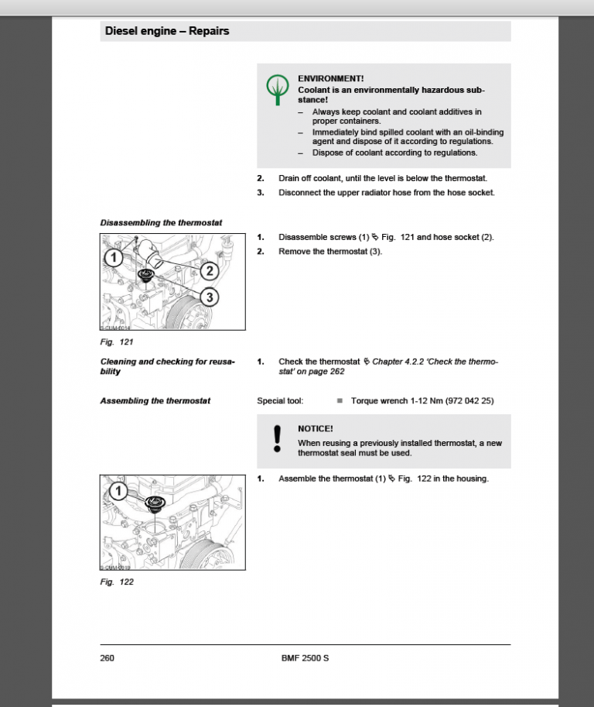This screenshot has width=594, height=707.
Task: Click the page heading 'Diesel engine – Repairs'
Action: [166, 32]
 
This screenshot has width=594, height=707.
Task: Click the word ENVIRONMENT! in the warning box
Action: [331, 79]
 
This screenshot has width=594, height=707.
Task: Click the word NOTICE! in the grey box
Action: [316, 428]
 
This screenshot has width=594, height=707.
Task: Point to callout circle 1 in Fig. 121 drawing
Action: [113, 257]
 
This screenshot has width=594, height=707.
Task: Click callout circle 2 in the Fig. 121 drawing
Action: [210, 271]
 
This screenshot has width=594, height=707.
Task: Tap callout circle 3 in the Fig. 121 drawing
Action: [210, 297]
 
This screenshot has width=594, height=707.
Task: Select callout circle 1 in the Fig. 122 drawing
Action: [118, 491]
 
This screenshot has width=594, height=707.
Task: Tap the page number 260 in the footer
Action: [108, 658]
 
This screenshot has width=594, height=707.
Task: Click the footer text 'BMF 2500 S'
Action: [305, 658]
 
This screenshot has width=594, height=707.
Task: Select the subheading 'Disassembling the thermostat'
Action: [161, 223]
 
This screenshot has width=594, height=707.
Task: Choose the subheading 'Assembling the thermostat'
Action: [155, 401]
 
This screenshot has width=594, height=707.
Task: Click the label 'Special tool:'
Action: [280, 401]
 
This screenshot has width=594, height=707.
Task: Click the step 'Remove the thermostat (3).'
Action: [330, 252]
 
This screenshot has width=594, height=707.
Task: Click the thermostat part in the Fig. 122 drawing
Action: [157, 504]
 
